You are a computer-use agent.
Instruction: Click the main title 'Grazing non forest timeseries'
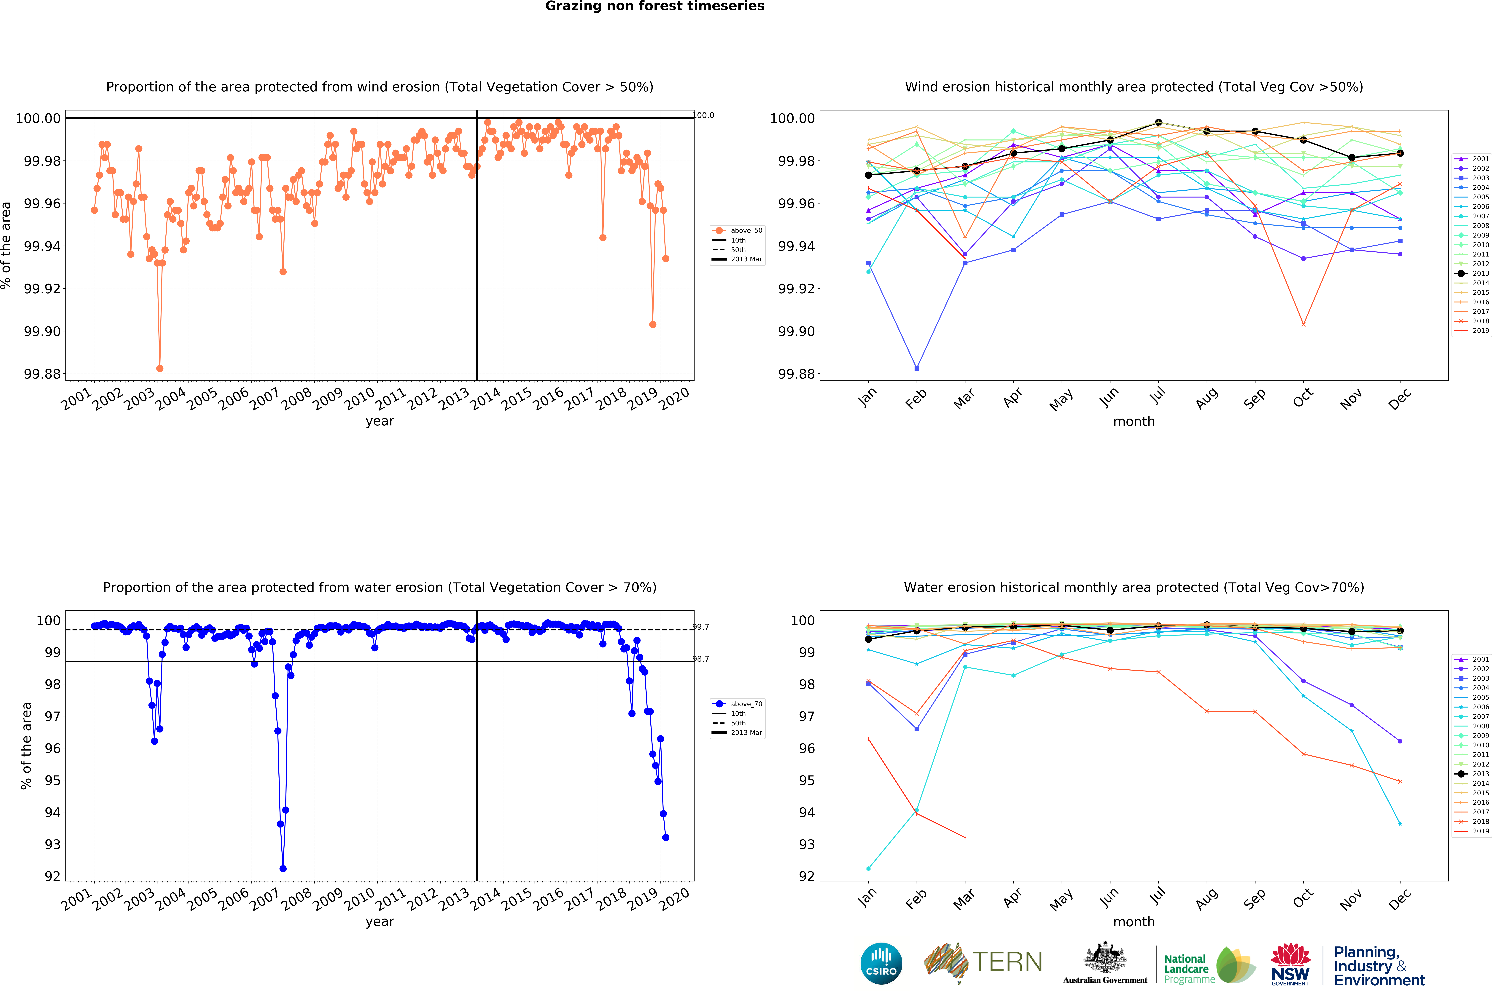tap(655, 6)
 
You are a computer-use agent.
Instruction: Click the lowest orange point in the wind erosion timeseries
tap(160, 369)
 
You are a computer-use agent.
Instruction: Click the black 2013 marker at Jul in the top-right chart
tap(1158, 123)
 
